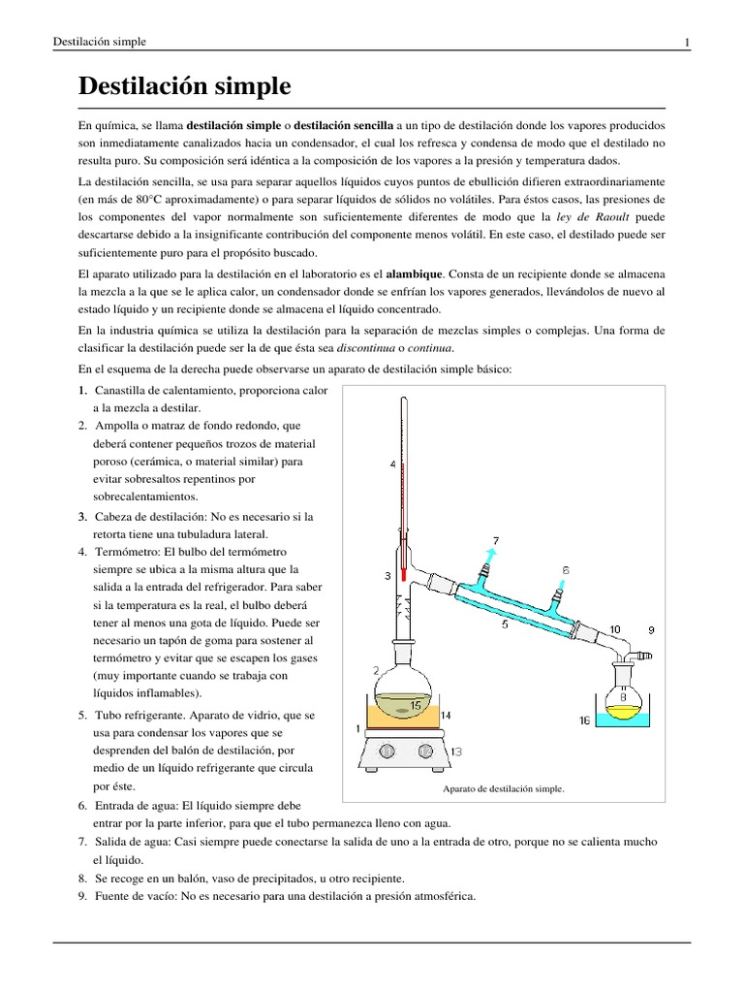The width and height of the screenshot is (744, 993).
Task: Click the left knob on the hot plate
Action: (x=387, y=750)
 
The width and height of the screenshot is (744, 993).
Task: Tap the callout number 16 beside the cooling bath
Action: (x=584, y=721)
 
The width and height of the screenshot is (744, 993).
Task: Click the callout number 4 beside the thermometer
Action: (x=392, y=464)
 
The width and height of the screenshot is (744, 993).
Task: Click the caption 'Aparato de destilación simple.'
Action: (x=503, y=788)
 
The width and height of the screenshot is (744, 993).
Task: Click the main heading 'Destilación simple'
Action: (x=184, y=86)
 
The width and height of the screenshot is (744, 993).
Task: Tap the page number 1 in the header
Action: (x=686, y=42)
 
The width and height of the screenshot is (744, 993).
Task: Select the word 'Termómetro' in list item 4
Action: (x=123, y=552)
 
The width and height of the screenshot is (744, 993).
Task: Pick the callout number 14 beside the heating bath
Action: (x=447, y=715)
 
